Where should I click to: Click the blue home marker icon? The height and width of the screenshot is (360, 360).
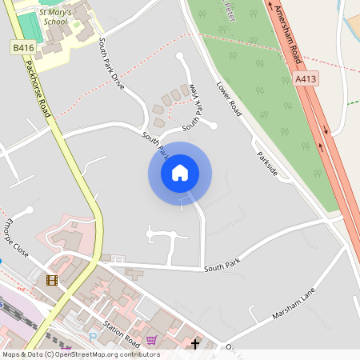point(180,173)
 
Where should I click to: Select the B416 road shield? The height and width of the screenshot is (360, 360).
point(23,49)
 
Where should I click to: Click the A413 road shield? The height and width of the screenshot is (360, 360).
point(306,79)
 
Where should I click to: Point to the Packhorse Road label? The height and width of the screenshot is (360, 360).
point(38,89)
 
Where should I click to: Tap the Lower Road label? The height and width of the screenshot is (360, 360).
point(229,97)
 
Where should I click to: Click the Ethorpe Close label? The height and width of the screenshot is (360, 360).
point(16,239)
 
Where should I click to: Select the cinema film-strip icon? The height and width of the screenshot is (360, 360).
point(52,280)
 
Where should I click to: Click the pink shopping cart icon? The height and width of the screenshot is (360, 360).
point(151,340)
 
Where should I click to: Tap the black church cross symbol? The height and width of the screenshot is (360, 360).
point(195,345)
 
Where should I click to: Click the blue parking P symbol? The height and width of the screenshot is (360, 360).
point(92,337)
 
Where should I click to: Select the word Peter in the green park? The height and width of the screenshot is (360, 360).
point(230,10)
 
